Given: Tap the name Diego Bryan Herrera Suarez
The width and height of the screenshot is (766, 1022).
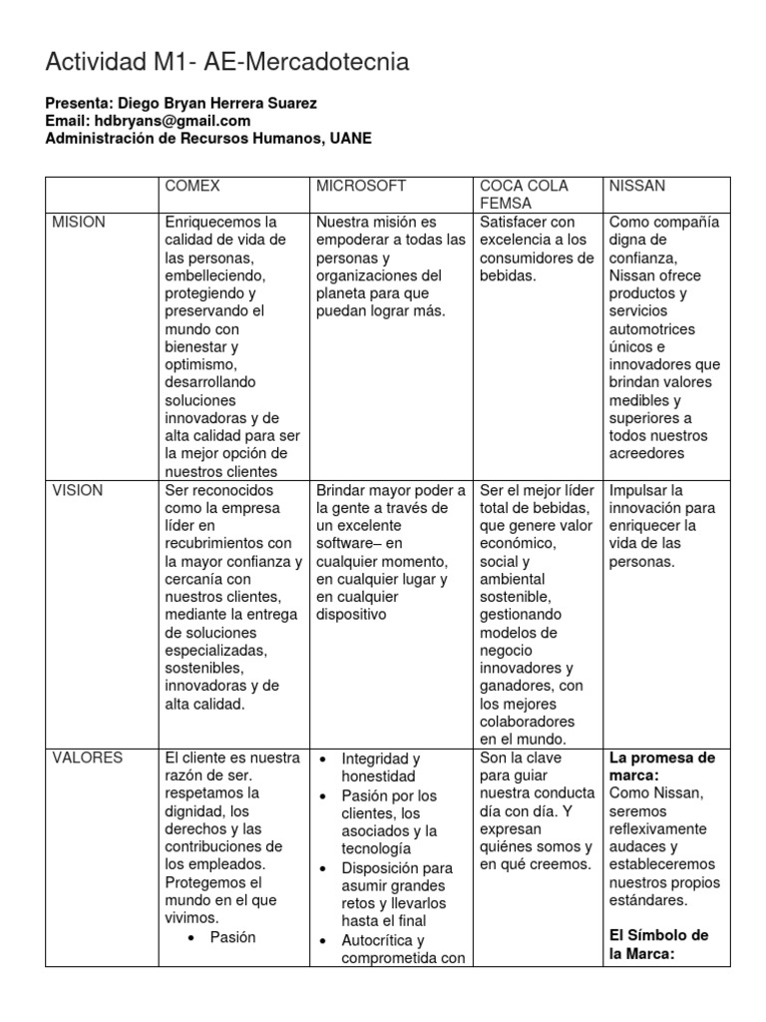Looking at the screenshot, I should tap(217, 103).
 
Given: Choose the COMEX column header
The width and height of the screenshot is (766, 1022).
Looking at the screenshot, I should tap(192, 187).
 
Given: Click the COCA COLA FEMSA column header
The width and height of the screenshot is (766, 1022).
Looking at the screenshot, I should tap(524, 195).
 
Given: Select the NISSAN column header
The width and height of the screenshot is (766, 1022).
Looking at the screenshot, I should tap(637, 187).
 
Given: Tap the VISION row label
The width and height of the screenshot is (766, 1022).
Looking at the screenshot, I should tap(77, 491).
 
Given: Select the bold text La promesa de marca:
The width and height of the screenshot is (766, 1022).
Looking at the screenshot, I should tap(661, 766).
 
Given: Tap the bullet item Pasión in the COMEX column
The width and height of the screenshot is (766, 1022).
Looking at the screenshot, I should tap(232, 937).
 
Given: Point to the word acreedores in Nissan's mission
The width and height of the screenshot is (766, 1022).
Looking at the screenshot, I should tap(646, 454).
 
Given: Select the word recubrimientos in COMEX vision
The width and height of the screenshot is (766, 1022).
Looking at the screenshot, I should tap(220, 544).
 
